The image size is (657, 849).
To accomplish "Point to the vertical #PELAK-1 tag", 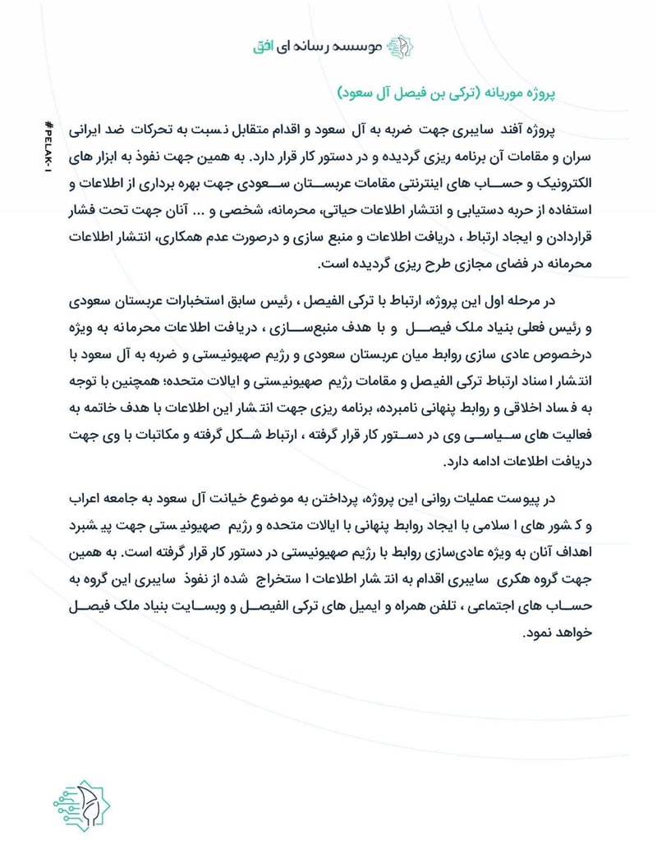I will (48, 153).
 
